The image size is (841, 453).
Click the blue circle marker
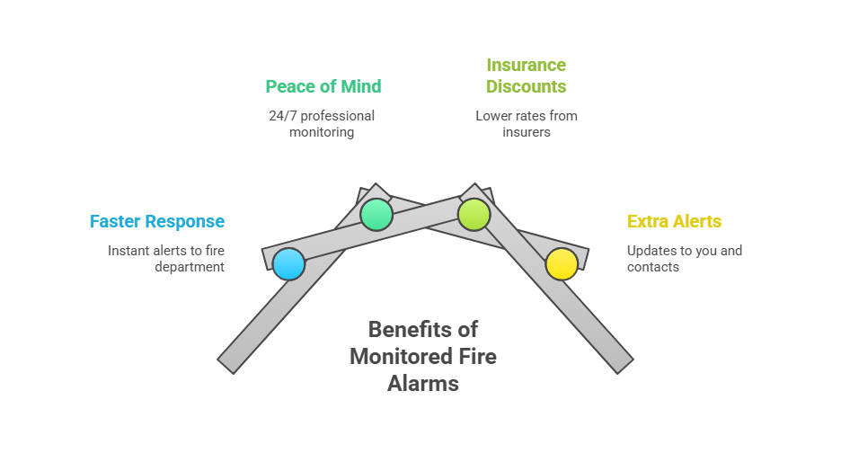(288, 264)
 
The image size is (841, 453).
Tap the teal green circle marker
(376, 214)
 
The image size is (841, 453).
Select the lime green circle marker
(474, 214)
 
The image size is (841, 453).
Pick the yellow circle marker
(562, 264)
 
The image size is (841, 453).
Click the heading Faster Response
(156, 221)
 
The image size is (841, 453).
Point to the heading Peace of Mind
(323, 86)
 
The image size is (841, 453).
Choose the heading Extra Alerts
(674, 221)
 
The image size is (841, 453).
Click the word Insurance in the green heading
(526, 65)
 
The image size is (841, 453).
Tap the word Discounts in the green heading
(527, 86)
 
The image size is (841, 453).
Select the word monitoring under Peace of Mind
(322, 132)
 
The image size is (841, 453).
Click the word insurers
(527, 132)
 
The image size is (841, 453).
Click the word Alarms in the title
(423, 383)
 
